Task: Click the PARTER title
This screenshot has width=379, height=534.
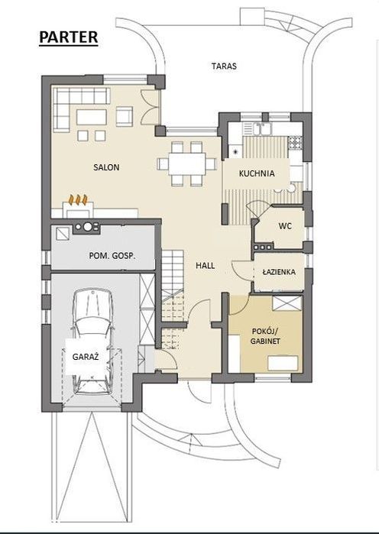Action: [x=69, y=37]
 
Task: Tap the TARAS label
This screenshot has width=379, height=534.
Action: [x=224, y=66]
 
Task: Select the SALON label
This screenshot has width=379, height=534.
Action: [x=106, y=167]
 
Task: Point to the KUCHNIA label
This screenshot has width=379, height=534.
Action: [x=257, y=173]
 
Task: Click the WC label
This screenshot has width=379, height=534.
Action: [x=285, y=225]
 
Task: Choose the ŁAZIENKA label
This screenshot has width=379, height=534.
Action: [x=279, y=272]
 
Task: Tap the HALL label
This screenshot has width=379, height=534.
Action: [x=206, y=265]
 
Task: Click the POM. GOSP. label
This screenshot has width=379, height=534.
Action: [x=112, y=256]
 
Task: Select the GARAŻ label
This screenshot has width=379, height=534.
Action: [x=86, y=357]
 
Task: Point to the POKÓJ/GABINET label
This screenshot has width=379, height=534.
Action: [x=265, y=336]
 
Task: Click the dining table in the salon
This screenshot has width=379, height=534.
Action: [x=187, y=163]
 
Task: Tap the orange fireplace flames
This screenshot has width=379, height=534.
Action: [x=78, y=199]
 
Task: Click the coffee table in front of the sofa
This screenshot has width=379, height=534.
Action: [x=91, y=117]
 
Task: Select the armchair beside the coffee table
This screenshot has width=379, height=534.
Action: [x=125, y=116]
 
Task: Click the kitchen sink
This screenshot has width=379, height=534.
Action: [x=261, y=129]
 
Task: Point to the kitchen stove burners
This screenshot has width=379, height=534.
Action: [x=295, y=142]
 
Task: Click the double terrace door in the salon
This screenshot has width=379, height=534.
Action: [x=150, y=106]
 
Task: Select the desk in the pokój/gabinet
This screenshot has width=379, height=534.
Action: [x=283, y=363]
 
